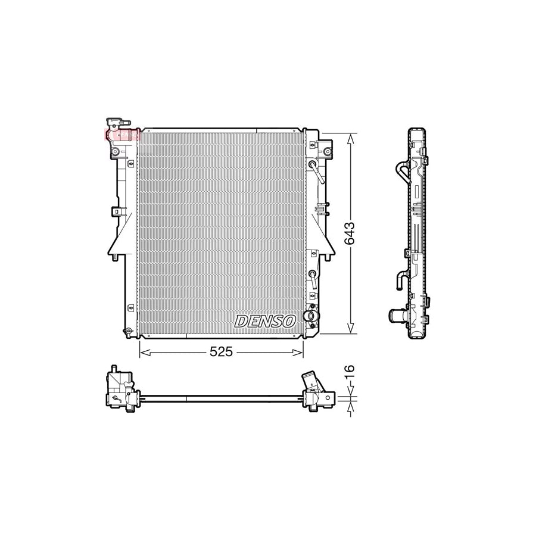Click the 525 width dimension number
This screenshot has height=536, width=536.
pyautogui.click(x=220, y=353)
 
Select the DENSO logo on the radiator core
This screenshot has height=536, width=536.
pyautogui.click(x=266, y=321)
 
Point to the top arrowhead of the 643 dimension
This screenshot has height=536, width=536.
pyautogui.click(x=351, y=137)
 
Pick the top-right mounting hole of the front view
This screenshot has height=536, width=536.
pyautogui.click(x=327, y=152)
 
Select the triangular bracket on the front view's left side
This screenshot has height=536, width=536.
pyautogui.click(x=116, y=238)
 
